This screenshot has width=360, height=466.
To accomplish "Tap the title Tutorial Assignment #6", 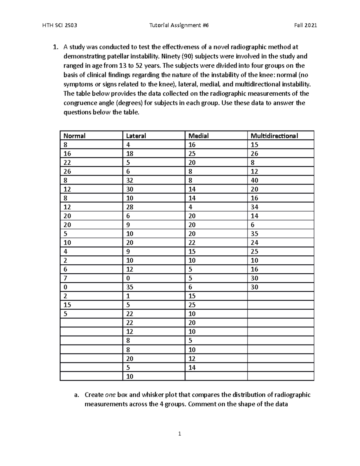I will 179,26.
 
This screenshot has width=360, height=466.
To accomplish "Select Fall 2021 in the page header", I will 305,26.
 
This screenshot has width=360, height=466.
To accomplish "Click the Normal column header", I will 74,136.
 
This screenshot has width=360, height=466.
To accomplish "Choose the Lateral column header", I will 136,136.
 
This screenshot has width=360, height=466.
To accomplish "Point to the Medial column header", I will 198,136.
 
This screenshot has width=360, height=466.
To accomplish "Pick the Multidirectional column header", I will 274,136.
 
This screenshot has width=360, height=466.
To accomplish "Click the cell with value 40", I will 254,180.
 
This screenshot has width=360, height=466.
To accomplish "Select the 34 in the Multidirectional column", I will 254,207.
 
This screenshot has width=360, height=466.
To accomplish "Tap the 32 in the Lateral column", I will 130,180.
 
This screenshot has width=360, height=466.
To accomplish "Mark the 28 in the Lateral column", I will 130,207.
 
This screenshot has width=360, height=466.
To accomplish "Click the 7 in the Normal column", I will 65,278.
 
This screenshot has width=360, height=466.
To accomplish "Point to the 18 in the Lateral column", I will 130,154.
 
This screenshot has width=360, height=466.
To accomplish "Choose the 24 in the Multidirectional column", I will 254,243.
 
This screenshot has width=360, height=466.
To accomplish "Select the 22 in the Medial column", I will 192,243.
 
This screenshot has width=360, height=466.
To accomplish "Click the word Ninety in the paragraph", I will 171,56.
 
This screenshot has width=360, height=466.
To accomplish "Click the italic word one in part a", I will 110,395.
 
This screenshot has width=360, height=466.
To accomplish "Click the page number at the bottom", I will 179,434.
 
